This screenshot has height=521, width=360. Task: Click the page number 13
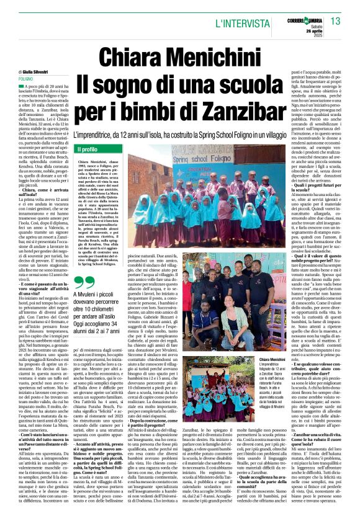[x=335, y=22]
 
